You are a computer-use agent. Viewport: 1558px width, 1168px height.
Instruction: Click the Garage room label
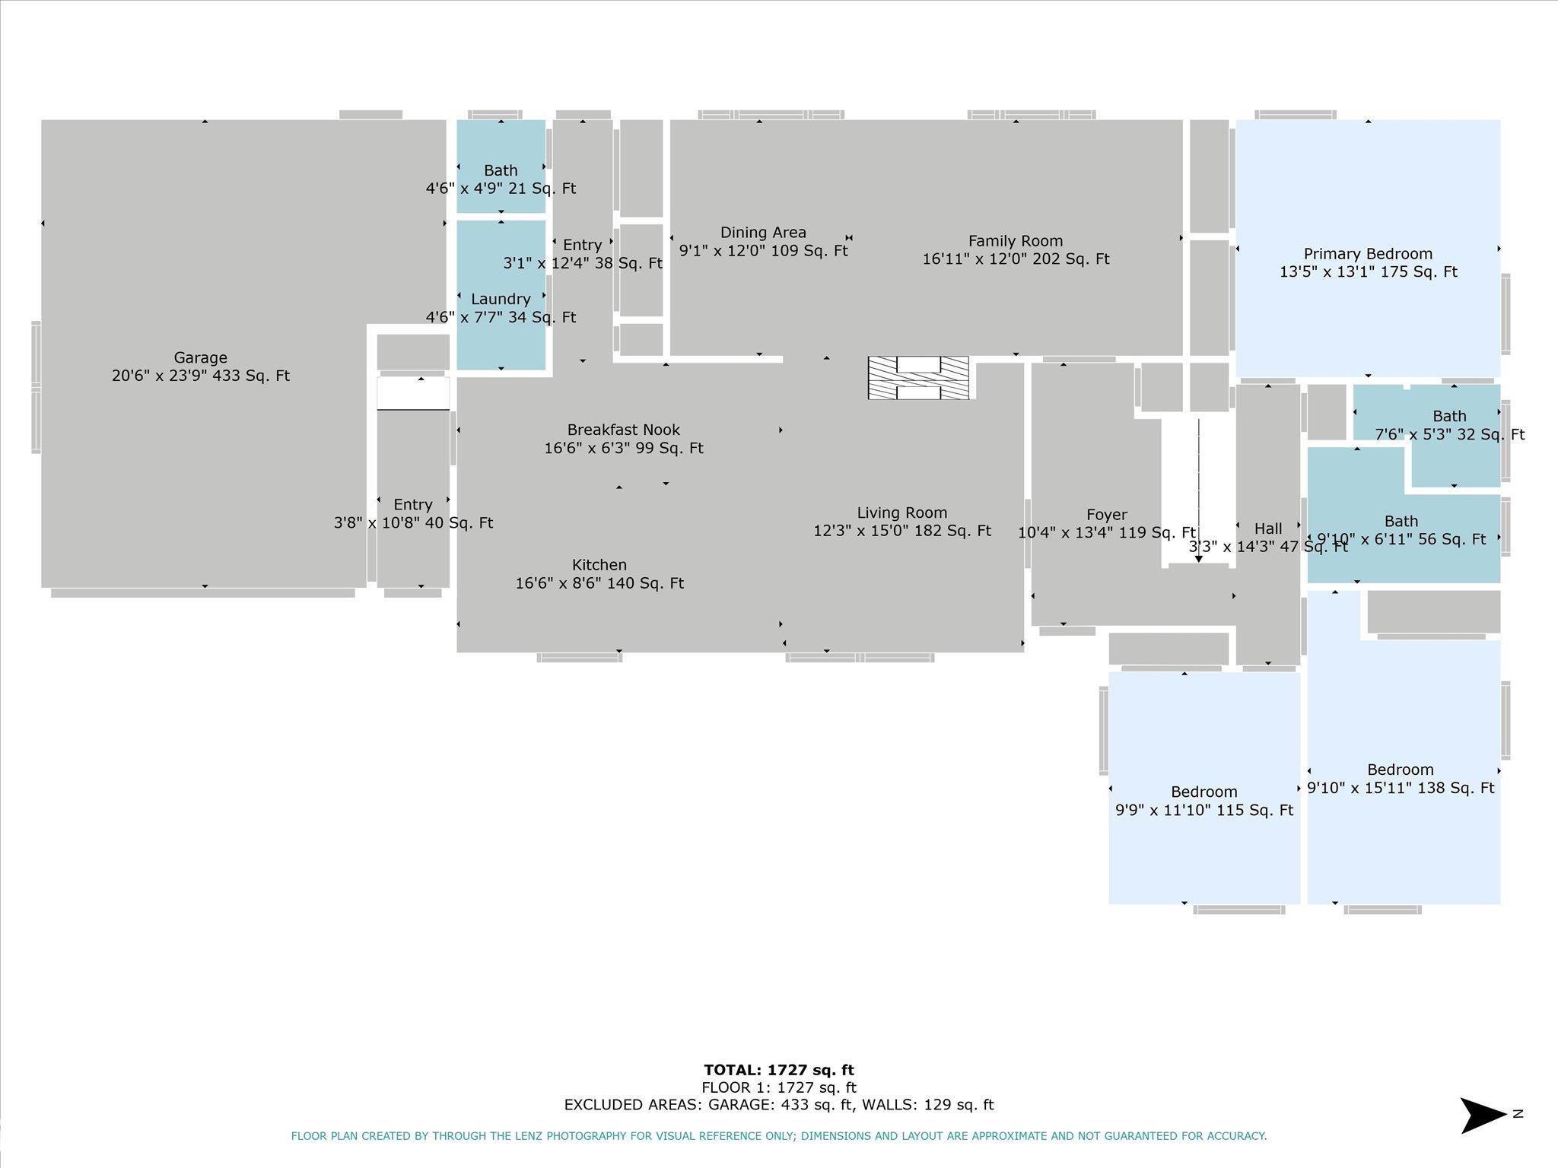tap(201, 357)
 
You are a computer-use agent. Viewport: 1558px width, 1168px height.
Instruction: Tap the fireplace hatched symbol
tap(918, 378)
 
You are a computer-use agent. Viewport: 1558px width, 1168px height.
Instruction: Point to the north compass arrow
tap(1483, 1116)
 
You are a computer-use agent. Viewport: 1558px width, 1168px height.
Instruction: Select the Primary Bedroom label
tap(1368, 254)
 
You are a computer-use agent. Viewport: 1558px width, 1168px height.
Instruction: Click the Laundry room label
tap(501, 299)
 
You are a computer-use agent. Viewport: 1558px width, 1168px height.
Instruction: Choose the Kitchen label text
tap(599, 565)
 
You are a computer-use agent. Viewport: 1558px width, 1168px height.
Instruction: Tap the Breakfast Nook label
tap(624, 430)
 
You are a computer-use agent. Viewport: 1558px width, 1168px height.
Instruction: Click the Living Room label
tap(902, 513)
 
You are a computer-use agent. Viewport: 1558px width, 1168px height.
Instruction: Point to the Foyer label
tap(1107, 515)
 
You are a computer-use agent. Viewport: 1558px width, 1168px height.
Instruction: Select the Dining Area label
tap(763, 233)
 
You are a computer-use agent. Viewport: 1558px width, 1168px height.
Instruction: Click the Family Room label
tap(1016, 241)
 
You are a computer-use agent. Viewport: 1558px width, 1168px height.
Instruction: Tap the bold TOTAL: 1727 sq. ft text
tap(779, 1070)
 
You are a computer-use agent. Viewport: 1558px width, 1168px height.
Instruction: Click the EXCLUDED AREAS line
tap(779, 1105)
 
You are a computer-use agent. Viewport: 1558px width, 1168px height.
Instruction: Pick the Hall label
tap(1268, 528)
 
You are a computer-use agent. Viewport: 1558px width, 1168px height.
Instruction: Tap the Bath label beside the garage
tap(501, 170)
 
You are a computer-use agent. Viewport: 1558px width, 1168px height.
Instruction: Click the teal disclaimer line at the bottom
tap(779, 1136)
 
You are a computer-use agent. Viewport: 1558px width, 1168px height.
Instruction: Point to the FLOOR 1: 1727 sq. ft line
tap(779, 1087)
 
